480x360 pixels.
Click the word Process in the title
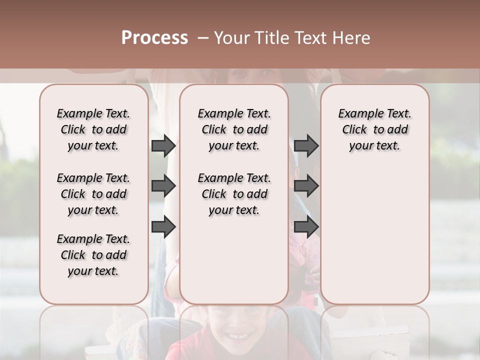click(x=154, y=38)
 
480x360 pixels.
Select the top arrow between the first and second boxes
click(x=163, y=146)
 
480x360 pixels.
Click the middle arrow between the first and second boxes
click(x=163, y=186)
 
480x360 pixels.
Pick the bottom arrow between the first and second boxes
click(x=163, y=227)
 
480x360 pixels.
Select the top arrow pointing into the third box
click(x=306, y=146)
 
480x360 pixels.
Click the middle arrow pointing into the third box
click(x=306, y=186)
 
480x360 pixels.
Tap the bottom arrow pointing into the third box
click(x=306, y=227)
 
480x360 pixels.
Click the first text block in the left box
click(x=93, y=129)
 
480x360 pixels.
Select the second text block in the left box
click(x=93, y=194)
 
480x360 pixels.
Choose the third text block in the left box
click(x=93, y=255)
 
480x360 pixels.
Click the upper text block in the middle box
click(x=234, y=129)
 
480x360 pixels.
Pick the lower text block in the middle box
click(x=234, y=194)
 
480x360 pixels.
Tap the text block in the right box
click(x=375, y=129)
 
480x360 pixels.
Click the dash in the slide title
click(x=203, y=38)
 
